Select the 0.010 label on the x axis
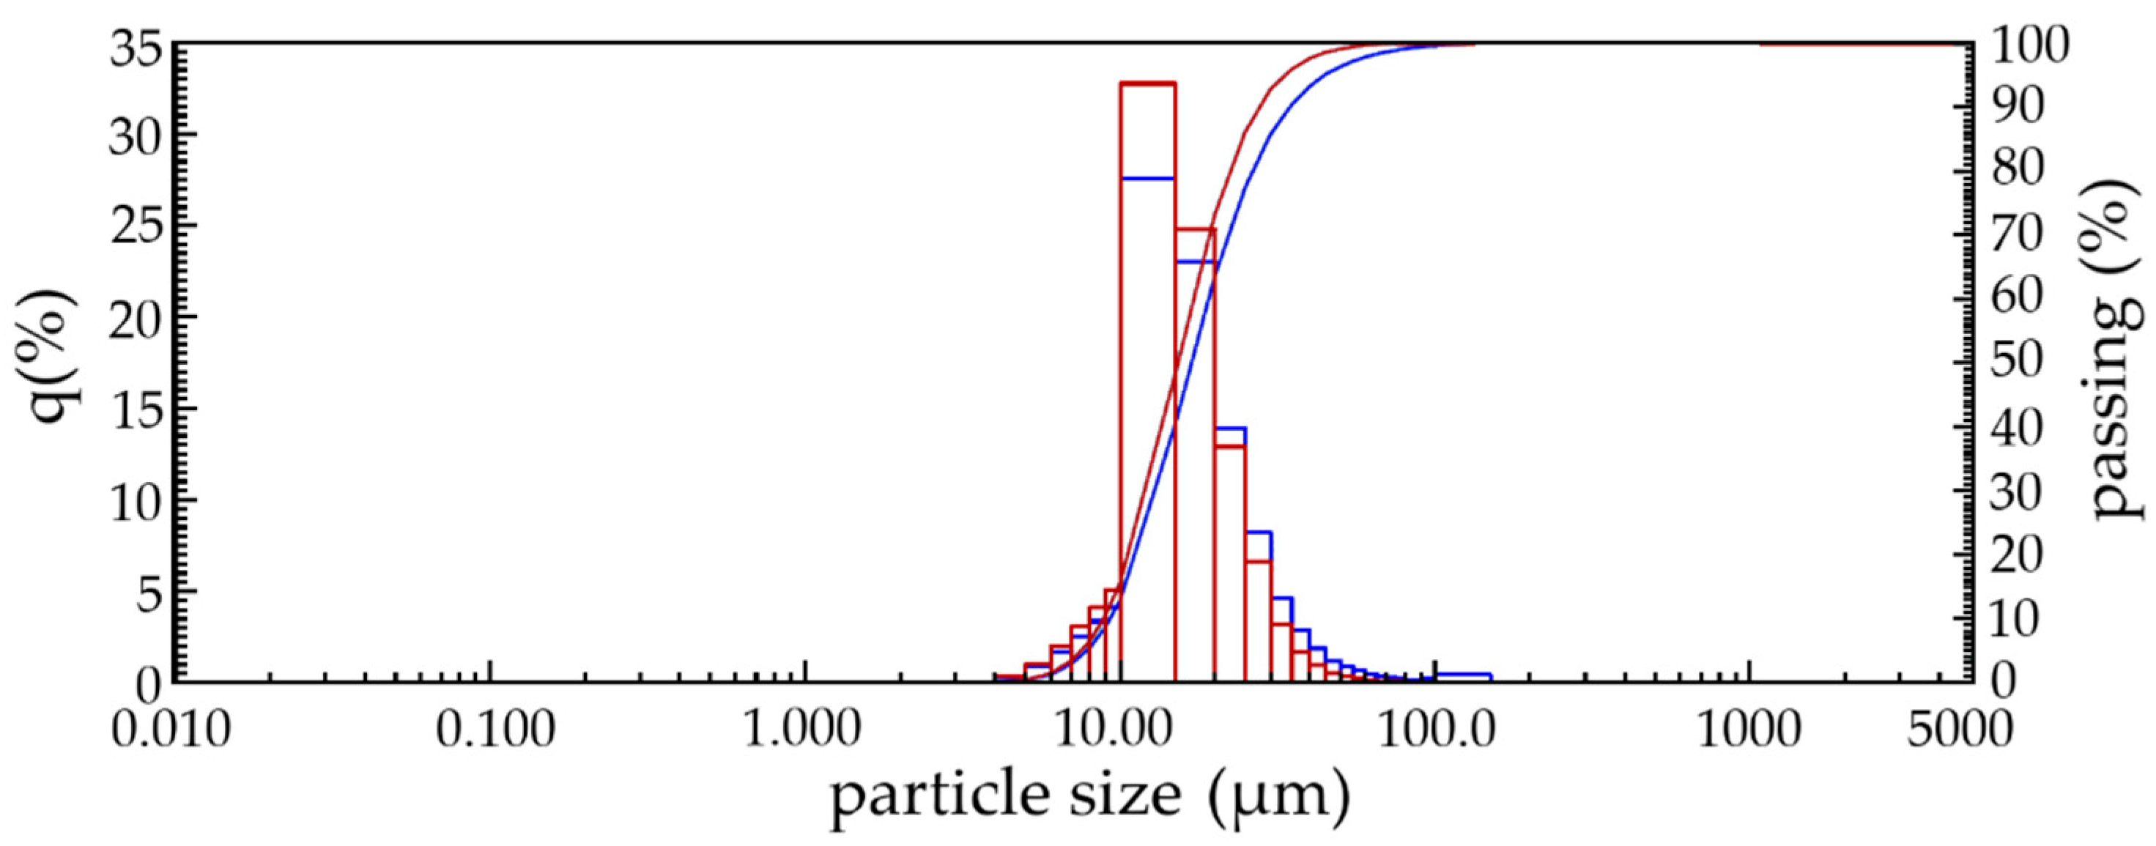[x=171, y=730]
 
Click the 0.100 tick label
[x=494, y=730]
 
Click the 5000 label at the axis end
[x=1958, y=730]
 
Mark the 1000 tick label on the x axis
[x=1749, y=730]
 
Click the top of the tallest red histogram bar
[x=1148, y=84]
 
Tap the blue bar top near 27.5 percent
[x=1148, y=178]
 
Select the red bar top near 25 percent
[x=1194, y=229]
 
